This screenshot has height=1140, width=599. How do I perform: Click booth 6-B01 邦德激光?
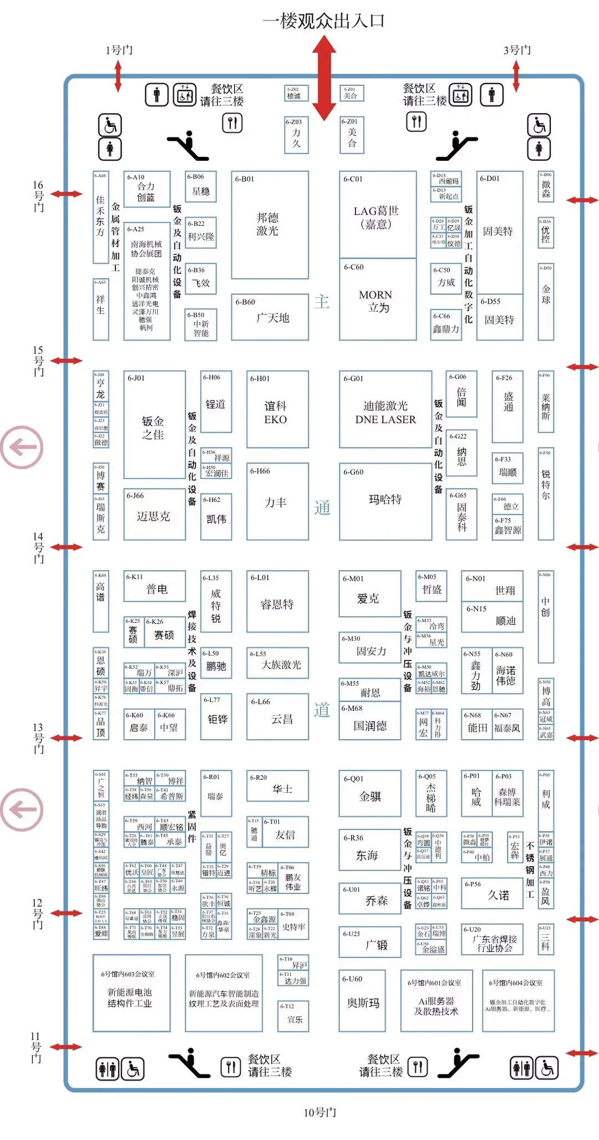pos(270,225)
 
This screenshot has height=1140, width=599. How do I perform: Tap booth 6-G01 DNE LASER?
pos(385,410)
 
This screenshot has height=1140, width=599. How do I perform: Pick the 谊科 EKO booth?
pos(277,410)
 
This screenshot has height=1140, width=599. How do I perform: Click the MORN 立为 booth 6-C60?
pos(377,300)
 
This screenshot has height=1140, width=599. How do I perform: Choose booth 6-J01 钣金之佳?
pos(154,425)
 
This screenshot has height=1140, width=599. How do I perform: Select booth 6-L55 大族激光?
pos(277,663)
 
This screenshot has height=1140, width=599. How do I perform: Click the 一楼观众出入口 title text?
pos(324,21)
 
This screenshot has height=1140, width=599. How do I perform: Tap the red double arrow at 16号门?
pos(67,194)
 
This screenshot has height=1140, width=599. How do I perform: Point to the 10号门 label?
pos(320,1112)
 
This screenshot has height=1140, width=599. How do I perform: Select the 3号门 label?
pos(517,50)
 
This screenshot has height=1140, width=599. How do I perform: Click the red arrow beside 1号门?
pos(118,76)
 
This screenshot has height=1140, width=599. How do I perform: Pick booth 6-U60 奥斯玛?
pos(363,1000)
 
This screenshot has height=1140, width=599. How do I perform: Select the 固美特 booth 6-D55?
pos(500,317)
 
